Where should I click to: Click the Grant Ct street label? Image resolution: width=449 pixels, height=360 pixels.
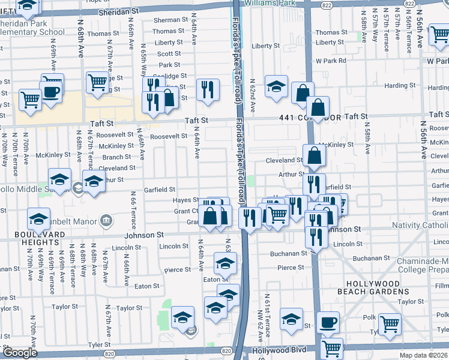186,211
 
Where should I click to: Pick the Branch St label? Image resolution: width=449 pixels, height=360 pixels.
118,157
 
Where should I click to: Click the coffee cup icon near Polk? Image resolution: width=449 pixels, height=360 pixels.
328,322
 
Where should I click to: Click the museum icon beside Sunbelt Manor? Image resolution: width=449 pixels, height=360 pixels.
107,220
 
